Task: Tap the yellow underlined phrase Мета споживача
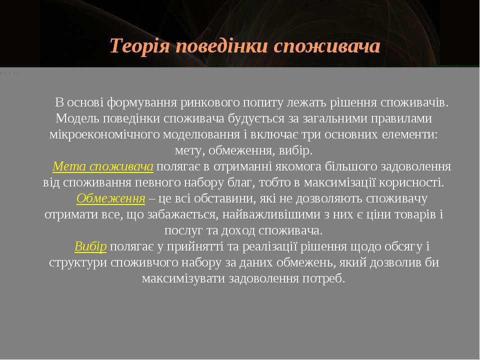(x=103, y=166)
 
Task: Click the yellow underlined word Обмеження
(x=111, y=198)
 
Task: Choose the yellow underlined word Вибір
(x=90, y=246)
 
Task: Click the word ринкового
(x=210, y=103)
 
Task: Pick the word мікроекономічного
(x=104, y=134)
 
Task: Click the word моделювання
(x=201, y=134)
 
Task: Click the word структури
(x=78, y=262)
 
